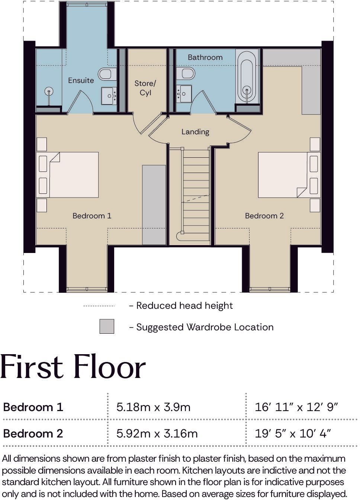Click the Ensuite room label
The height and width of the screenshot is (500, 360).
coord(81,80)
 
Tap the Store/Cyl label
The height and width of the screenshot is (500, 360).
coord(145,88)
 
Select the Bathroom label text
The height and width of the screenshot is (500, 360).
coord(205,57)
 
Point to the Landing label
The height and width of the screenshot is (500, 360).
coord(195,132)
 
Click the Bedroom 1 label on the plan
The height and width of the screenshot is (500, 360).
coord(92,216)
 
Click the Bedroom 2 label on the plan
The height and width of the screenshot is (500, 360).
coord(264,216)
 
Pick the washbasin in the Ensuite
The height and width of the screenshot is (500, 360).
coord(109,96)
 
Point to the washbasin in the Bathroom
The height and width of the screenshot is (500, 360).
coord(184,94)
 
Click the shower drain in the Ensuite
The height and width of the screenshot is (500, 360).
coord(49,91)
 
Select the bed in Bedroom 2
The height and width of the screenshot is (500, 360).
coord(289,175)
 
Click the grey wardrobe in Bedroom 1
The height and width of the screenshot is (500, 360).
coord(154,205)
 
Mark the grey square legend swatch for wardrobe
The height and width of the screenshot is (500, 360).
coord(107,326)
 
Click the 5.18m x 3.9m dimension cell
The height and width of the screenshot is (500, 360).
coord(153,407)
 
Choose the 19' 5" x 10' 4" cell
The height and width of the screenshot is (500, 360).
coord(293,433)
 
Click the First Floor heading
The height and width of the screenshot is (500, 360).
coord(73,368)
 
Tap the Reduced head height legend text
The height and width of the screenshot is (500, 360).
coord(184,305)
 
